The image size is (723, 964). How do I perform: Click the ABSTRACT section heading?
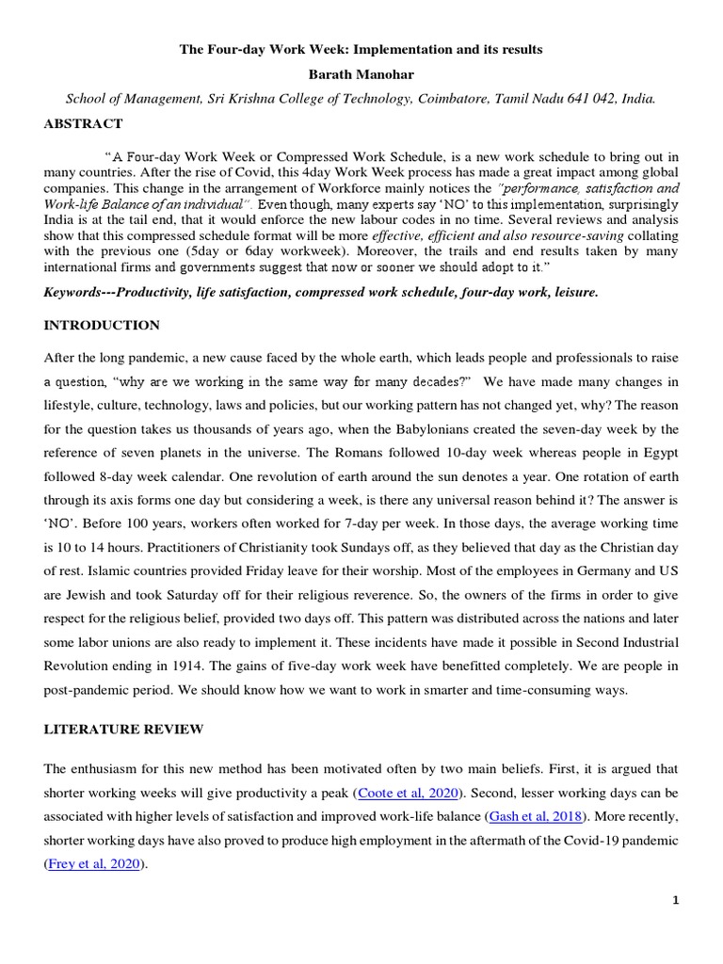(x=83, y=123)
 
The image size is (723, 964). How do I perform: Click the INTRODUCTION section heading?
(x=102, y=326)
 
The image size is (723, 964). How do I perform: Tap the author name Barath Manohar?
(x=361, y=72)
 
